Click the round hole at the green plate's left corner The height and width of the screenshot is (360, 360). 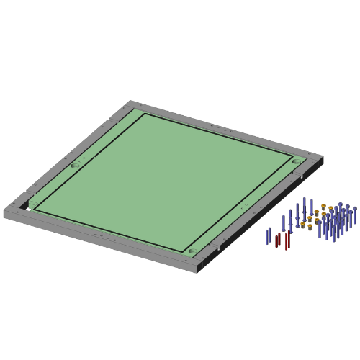click(75, 166)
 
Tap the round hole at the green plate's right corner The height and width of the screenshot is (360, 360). click(296, 161)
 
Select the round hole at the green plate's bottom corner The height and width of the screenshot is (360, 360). click(192, 251)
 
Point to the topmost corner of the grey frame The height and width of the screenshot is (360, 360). click(131, 101)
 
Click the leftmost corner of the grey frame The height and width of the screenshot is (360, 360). click(4, 210)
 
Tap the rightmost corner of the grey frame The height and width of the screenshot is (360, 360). click(323, 157)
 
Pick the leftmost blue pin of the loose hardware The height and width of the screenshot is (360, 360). click(268, 236)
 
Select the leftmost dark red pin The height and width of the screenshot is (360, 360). click(277, 240)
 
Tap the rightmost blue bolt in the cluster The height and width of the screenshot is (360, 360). click(354, 215)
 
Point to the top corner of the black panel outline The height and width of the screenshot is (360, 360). click(145, 114)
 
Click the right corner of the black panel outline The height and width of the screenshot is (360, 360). click(292, 156)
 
